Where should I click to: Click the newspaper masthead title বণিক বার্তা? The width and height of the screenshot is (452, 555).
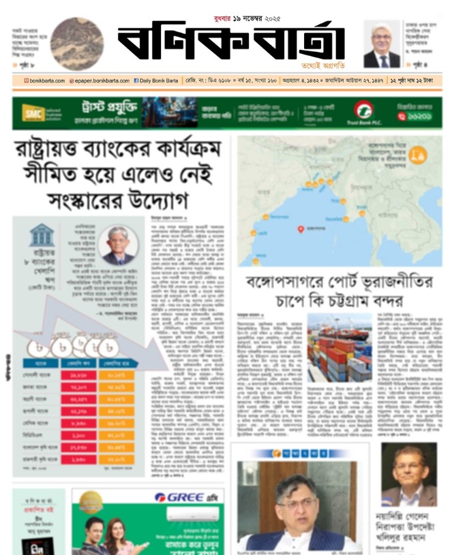click(x=230, y=43)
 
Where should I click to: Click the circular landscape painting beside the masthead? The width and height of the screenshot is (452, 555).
click(x=76, y=44)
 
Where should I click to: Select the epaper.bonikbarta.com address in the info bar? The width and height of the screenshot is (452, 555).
click(x=99, y=80)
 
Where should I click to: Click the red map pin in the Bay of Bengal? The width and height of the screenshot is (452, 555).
click(x=301, y=229)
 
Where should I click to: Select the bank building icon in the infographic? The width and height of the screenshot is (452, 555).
click(x=42, y=236)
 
